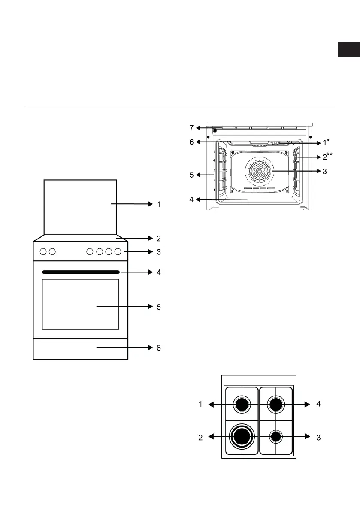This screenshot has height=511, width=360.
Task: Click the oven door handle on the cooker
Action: point(81,272)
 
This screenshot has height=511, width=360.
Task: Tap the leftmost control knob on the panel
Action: point(43,251)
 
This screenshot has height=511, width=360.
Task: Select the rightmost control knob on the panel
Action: point(118,251)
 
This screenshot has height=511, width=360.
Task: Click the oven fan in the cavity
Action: point(260,171)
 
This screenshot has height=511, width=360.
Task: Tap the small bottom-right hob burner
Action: point(275,437)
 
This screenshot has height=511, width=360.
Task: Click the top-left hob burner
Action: point(242,405)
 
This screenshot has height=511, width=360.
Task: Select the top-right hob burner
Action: point(275,405)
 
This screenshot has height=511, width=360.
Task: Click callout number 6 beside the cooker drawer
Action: point(159,348)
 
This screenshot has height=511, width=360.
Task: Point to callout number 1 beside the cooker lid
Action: point(159,204)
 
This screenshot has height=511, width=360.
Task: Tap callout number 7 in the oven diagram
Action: point(191,128)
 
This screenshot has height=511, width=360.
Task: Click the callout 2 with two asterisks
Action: point(327,157)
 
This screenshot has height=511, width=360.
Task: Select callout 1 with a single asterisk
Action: point(326,142)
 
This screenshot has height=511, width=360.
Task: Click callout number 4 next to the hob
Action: point(319,404)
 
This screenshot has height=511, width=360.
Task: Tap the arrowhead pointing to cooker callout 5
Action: point(150,306)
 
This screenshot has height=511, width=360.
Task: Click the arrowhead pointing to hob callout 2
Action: point(211,437)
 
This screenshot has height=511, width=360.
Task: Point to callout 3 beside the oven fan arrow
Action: point(324,171)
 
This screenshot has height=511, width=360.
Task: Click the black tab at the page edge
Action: point(349,50)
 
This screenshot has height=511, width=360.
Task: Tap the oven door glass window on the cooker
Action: point(81,304)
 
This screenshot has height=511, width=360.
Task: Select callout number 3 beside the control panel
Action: point(159,252)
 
